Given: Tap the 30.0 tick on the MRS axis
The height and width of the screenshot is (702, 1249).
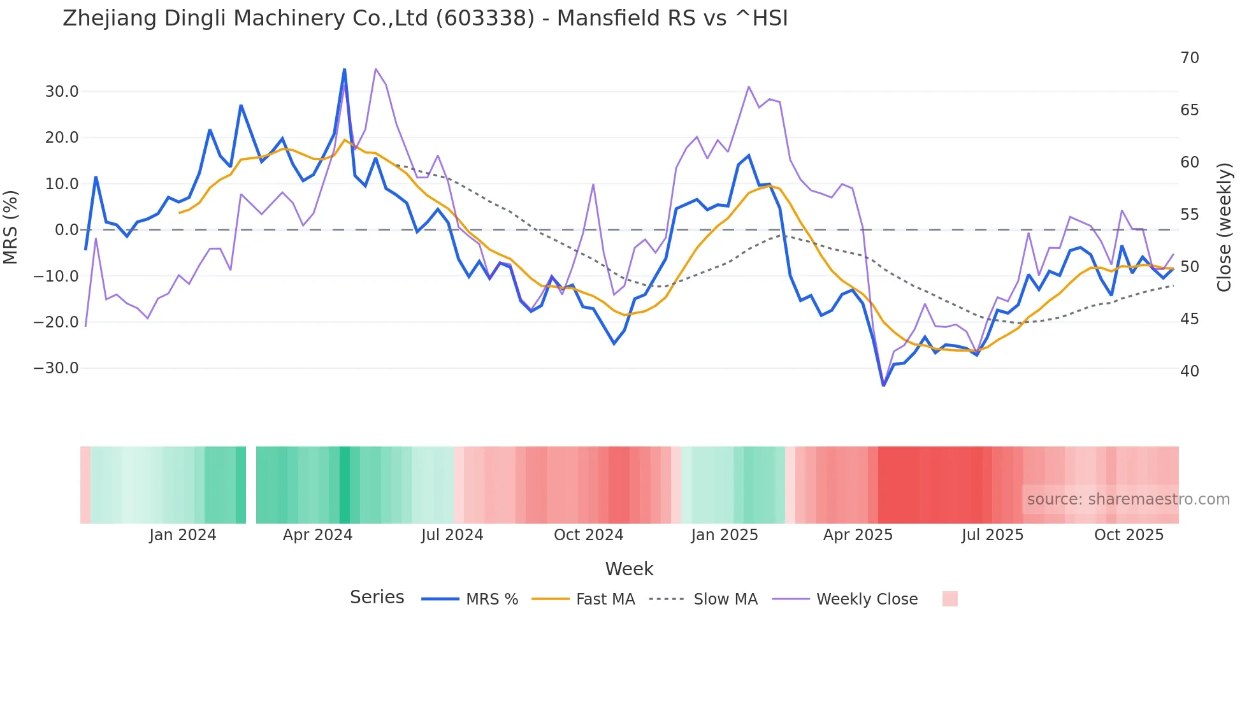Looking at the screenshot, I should [62, 92].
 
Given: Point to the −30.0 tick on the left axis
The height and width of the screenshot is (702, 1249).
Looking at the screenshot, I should [56, 368].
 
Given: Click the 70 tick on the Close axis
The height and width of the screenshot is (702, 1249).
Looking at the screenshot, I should [1189, 58].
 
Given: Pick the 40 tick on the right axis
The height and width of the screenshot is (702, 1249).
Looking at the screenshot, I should [1189, 371].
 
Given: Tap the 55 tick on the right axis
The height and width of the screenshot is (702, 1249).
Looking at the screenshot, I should [1189, 215].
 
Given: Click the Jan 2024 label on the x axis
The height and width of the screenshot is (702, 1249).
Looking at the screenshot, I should [183, 535].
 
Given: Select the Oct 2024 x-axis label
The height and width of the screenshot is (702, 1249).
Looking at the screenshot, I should [588, 535].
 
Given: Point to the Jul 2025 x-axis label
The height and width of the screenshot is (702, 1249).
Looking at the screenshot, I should [992, 535].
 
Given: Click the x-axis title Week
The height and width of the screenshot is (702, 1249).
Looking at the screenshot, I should [629, 569].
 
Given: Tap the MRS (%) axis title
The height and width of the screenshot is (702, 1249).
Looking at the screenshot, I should [11, 227].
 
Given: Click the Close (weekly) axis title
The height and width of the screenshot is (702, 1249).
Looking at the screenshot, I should [1224, 227].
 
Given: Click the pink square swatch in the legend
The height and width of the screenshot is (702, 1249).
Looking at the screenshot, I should [949, 599].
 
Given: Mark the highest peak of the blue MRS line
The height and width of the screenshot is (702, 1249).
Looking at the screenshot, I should [345, 69].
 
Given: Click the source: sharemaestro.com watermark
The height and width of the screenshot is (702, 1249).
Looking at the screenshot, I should [1128, 499].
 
